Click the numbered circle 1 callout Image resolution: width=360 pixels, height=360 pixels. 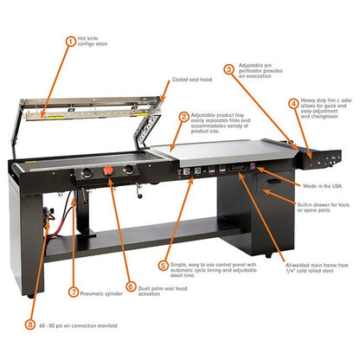coord(71,41)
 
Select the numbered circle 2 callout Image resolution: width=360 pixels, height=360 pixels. coord(183,117)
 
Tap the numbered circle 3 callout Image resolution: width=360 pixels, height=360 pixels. coord(228,68)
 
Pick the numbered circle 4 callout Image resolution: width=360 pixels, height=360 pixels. coord(294,103)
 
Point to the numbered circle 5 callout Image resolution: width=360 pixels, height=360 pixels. coord(164,266)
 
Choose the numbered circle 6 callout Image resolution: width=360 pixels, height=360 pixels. coord(132,286)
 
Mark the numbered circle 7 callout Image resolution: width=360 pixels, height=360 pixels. coord(74,292)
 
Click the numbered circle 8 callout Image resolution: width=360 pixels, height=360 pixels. coord(32,325)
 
